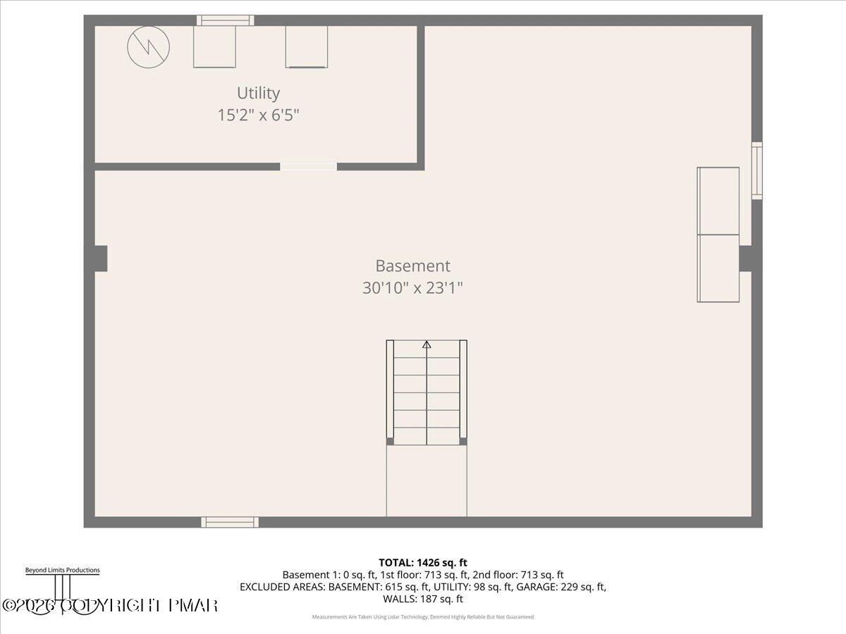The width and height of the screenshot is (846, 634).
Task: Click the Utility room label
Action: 258,93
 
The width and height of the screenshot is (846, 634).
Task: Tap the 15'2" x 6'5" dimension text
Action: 258,115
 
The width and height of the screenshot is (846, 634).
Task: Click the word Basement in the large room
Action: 412,266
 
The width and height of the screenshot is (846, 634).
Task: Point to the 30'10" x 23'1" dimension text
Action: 412,287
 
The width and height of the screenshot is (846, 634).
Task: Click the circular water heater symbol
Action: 148,47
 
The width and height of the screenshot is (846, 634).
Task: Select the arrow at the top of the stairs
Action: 427,344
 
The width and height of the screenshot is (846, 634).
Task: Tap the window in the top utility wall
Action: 225,20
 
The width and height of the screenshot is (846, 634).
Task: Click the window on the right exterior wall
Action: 756,170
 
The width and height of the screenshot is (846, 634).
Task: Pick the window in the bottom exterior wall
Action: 230,522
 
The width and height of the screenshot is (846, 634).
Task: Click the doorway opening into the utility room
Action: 308,167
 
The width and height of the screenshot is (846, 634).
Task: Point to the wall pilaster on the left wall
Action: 100,259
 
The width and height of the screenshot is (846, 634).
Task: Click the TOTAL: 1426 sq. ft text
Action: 423,562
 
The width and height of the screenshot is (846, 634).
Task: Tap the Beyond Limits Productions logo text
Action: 62,571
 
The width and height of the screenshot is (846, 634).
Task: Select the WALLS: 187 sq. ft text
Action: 423,599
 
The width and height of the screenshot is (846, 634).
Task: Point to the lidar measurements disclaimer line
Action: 423,617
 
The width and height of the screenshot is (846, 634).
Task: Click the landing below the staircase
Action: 427,480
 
